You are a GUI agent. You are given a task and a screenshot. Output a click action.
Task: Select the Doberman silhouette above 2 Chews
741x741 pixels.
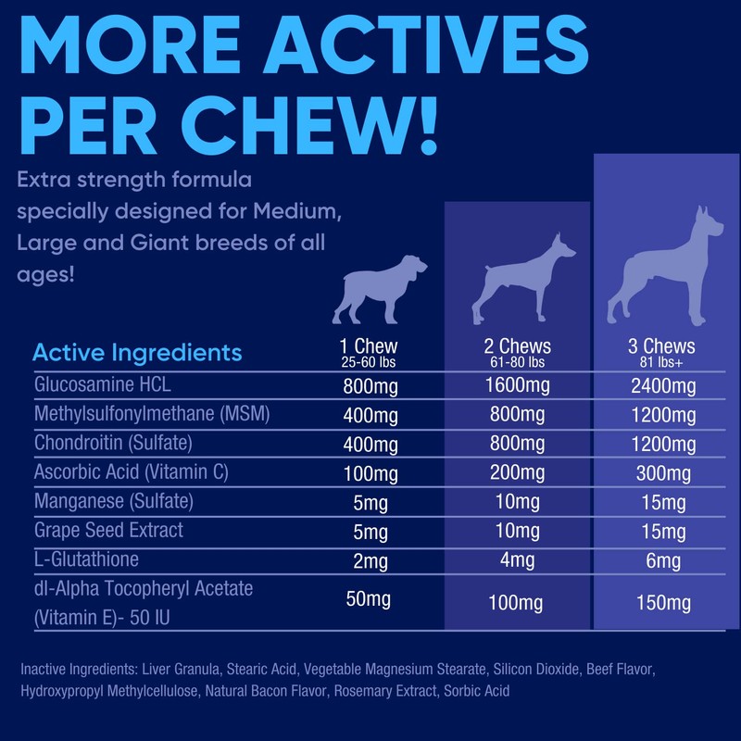(x=522, y=275)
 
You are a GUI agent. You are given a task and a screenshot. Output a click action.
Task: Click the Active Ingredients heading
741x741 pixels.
(x=137, y=353)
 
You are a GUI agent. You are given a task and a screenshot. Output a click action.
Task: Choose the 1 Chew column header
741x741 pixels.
(x=369, y=346)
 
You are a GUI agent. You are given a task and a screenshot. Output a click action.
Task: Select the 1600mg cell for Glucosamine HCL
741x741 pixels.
(x=517, y=384)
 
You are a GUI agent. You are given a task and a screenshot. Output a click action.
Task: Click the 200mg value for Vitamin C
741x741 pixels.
(x=517, y=473)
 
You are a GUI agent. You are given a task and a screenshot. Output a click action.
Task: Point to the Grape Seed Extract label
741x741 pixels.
(x=108, y=530)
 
